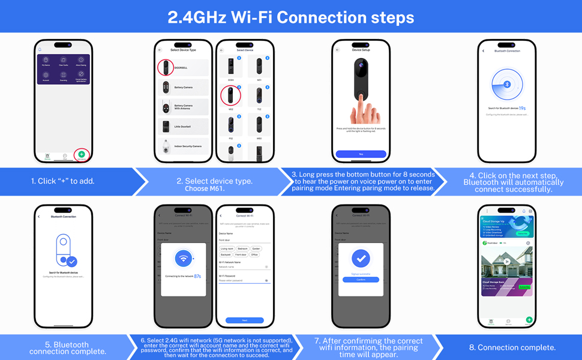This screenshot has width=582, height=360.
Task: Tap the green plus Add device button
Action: pos(82,154)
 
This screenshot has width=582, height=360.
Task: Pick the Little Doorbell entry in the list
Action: pos(183,127)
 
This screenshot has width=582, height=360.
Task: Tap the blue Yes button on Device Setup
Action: pos(361,154)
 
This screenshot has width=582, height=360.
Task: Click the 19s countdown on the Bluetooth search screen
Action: pos(522,109)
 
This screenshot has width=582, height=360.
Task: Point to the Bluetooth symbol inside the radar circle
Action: pos(507,85)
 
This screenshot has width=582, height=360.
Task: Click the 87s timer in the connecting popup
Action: pos(197,276)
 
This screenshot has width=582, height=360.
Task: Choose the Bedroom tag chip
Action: pos(242,248)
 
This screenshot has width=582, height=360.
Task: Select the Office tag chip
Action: pos(254,254)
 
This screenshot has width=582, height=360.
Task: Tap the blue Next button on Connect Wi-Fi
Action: pos(244,320)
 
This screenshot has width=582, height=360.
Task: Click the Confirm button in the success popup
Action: pos(361,280)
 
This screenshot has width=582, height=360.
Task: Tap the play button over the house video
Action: pos(507,262)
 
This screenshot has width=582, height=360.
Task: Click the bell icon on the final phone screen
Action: pos(524,211)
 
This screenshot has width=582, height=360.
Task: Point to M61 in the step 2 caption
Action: pos(213,188)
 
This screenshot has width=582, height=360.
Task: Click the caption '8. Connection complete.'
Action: pos(512,347)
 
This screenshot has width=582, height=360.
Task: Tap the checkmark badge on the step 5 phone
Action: pos(72,262)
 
